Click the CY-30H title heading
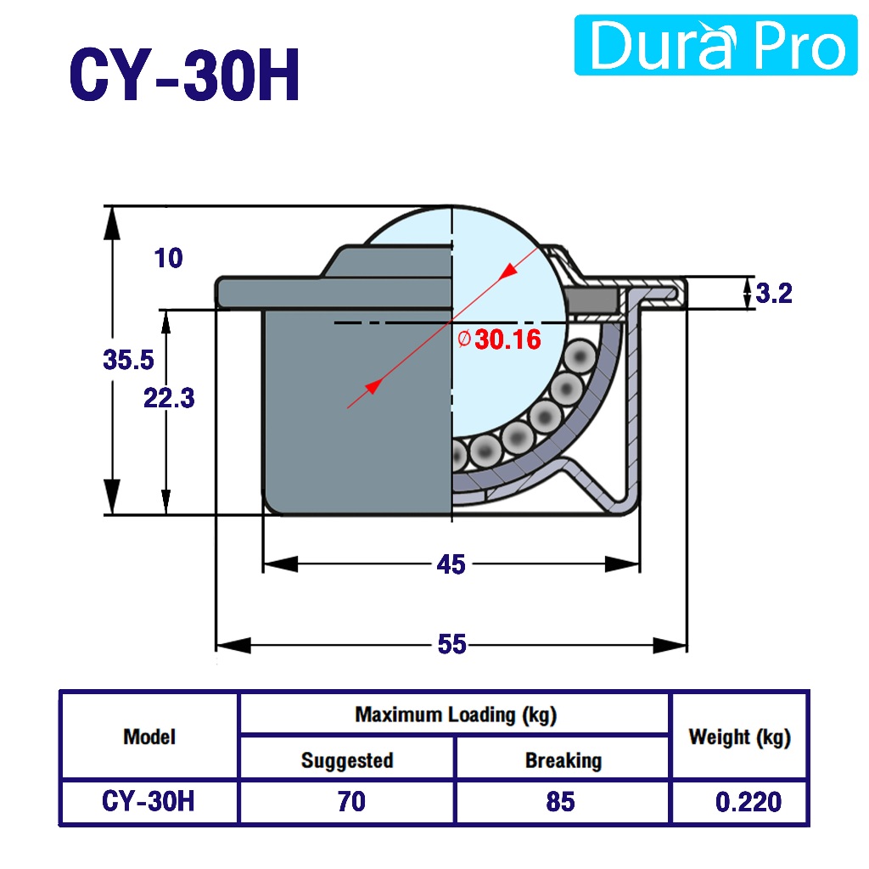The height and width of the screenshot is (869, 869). coord(184,75)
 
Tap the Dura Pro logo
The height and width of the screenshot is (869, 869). coord(715,45)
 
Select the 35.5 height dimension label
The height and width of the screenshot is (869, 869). coord(129,360)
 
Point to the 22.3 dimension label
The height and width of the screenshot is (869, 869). coord(169,398)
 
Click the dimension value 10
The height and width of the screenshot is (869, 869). coord(169,258)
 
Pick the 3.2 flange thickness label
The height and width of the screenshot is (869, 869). coord(774,293)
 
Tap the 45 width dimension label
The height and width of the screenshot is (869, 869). coord(451,564)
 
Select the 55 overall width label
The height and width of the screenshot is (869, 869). coord(451,644)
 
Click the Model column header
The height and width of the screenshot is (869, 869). coord(149,737)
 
